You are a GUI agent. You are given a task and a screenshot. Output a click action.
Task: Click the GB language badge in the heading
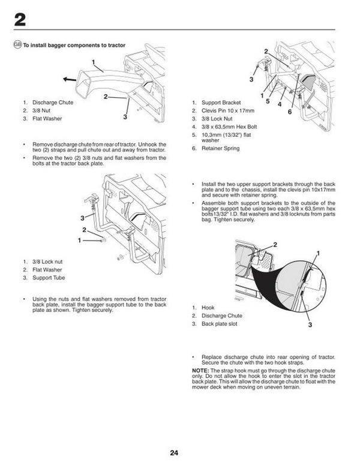click(x=17, y=46)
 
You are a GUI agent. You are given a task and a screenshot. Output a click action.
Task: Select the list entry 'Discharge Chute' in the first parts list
click(x=53, y=103)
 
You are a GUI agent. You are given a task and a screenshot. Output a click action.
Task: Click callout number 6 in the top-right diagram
click(x=290, y=112)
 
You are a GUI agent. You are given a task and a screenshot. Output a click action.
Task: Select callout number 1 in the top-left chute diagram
click(x=94, y=62)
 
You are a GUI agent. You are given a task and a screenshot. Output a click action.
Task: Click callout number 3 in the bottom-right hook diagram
click(x=311, y=324)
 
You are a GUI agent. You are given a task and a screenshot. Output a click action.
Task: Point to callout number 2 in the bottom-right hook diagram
click(x=275, y=245)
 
